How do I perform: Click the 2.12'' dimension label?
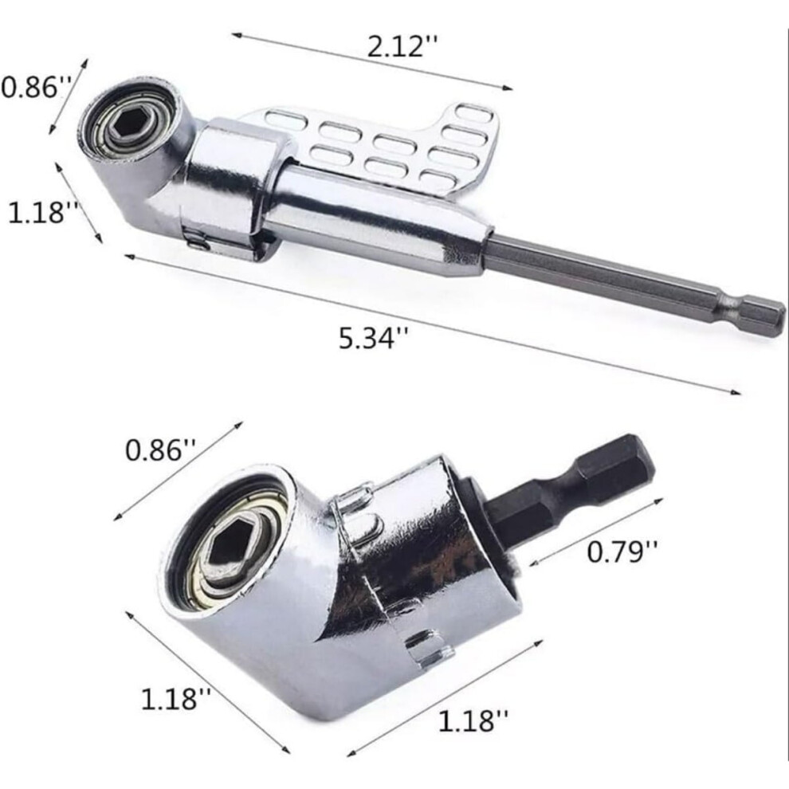point(402,47)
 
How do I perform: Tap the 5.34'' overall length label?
point(373,337)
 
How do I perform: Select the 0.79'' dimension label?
point(622,552)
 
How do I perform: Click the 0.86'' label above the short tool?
point(160,449)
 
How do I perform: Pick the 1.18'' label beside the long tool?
point(44,212)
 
